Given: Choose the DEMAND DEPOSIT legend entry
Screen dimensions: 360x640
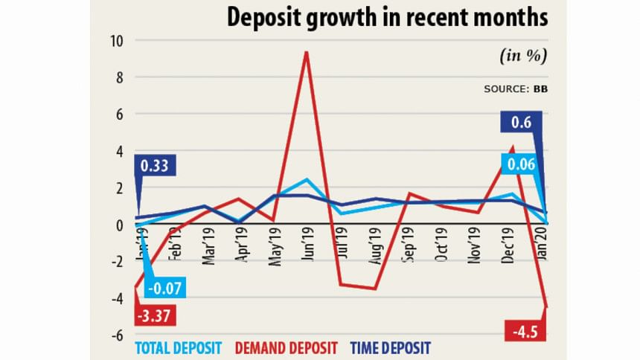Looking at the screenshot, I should (285, 347).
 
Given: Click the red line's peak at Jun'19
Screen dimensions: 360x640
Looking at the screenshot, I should (305, 52).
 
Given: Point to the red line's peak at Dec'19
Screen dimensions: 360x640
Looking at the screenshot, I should (512, 147).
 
